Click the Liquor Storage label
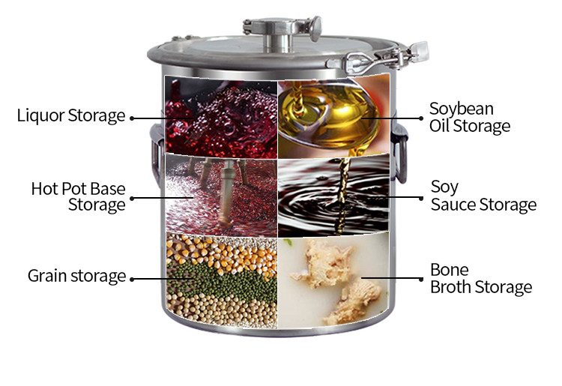(71, 115)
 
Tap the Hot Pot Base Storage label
(78, 197)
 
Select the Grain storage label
(76, 276)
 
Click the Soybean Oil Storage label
(470, 118)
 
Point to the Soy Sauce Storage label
(483, 196)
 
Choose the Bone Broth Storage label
(481, 279)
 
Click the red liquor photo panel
(221, 118)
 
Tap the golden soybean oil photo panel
(333, 116)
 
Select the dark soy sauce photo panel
(333, 196)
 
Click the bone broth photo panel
(333, 280)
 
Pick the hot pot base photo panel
(221, 196)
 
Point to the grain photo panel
(222, 280)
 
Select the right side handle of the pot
(400, 152)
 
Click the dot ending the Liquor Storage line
(132, 118)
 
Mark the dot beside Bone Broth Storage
(421, 280)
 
